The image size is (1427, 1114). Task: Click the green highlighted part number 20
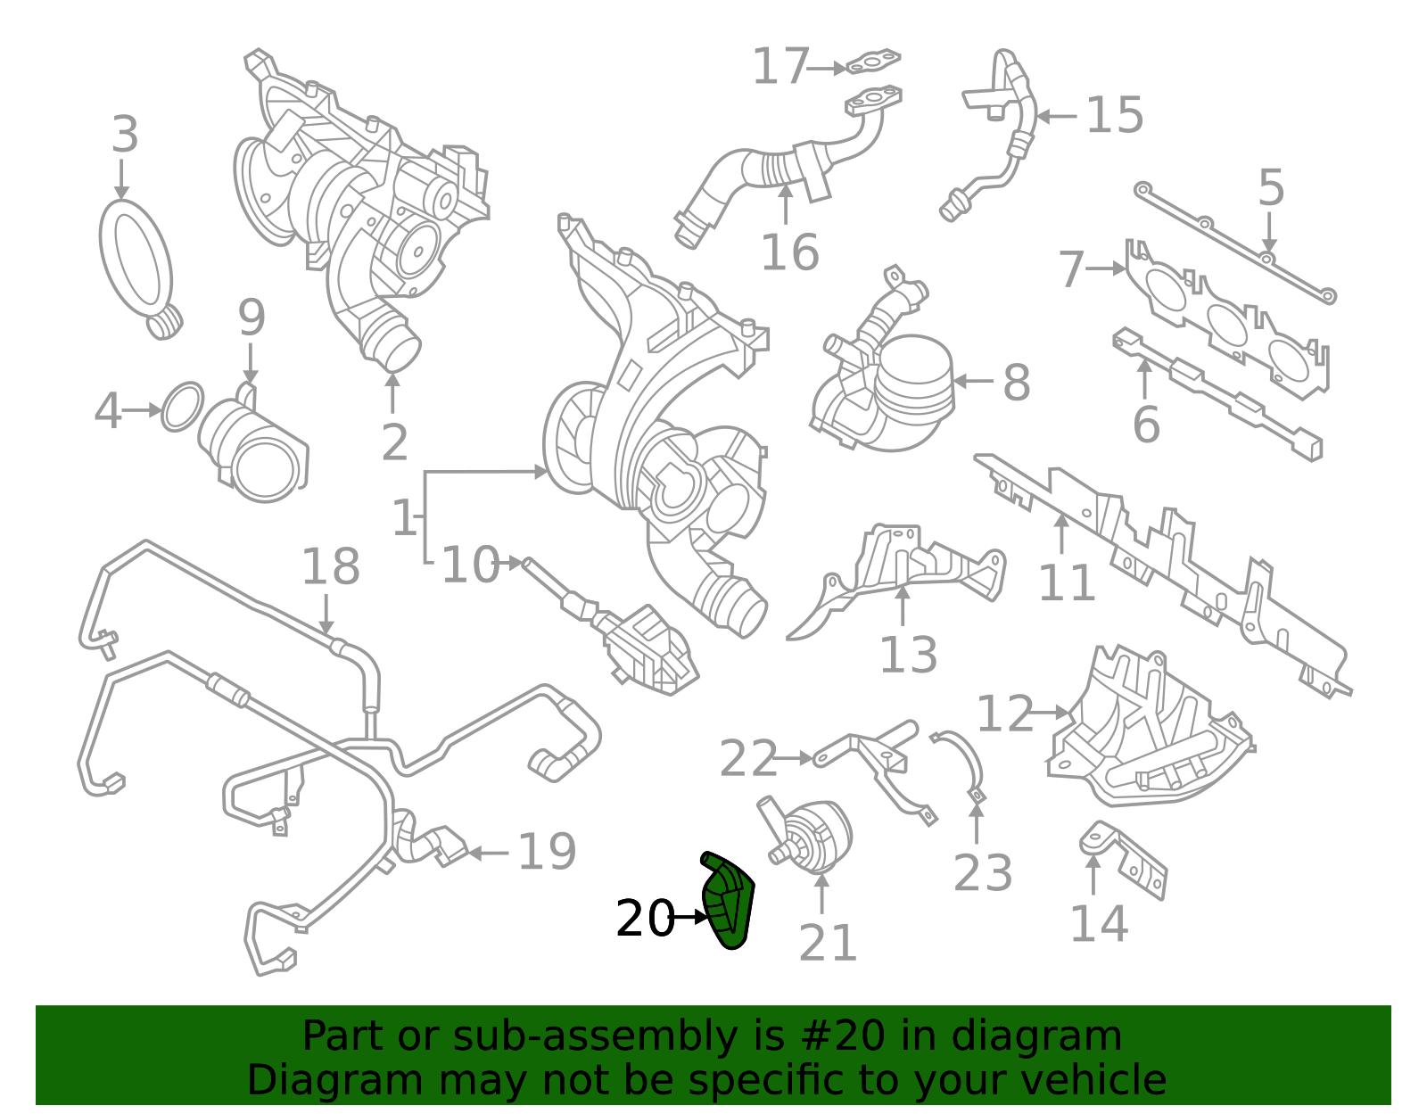[x=730, y=901]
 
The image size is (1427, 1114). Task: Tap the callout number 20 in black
[x=645, y=919]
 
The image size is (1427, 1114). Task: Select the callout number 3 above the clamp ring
[x=125, y=136]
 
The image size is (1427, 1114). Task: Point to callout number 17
[x=780, y=67]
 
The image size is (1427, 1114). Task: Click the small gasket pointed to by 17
[x=872, y=62]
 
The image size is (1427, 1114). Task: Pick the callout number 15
[x=1115, y=116]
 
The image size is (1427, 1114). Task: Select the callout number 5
[x=1271, y=189]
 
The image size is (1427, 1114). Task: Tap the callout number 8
[x=1017, y=383]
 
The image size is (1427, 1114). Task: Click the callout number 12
[x=1005, y=714]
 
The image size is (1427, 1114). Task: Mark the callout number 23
[x=983, y=872]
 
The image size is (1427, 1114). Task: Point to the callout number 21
[x=828, y=943]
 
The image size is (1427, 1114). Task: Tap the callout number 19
[x=547, y=852]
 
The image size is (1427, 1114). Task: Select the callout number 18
[x=330, y=566]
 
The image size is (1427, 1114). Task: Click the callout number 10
[x=470, y=565]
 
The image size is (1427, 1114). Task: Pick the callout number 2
[x=394, y=442]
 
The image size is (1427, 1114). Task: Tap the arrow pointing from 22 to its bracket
[x=793, y=758]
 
